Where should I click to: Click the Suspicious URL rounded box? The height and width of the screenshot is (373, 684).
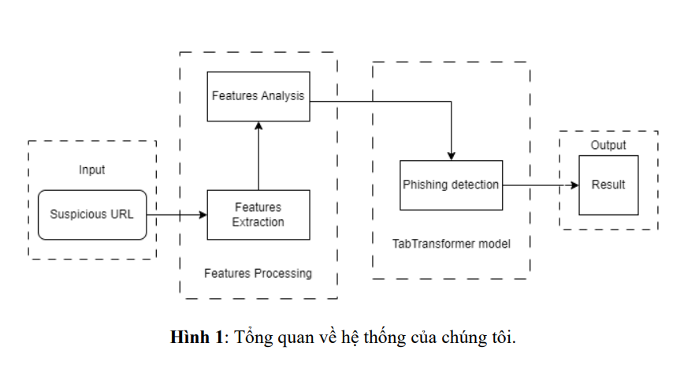[92, 214]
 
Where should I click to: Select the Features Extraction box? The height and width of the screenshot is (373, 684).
[258, 214]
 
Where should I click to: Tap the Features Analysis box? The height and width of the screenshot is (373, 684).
[258, 96]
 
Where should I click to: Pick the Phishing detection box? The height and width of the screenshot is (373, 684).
[451, 185]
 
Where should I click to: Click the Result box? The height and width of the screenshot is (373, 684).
[608, 185]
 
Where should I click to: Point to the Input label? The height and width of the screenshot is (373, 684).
[92, 170]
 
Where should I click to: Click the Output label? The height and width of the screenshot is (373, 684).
[608, 145]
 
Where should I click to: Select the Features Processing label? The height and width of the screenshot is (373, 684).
[258, 274]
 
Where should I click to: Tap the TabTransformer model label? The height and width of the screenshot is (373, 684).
[452, 244]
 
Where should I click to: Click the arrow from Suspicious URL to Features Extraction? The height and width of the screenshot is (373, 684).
[177, 214]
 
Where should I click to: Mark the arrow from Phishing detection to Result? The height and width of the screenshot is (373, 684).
[541, 185]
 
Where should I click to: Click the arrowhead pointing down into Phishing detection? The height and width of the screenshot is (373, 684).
[452, 155]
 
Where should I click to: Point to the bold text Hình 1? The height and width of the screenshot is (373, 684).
[197, 338]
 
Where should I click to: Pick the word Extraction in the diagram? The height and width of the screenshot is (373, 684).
[258, 222]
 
